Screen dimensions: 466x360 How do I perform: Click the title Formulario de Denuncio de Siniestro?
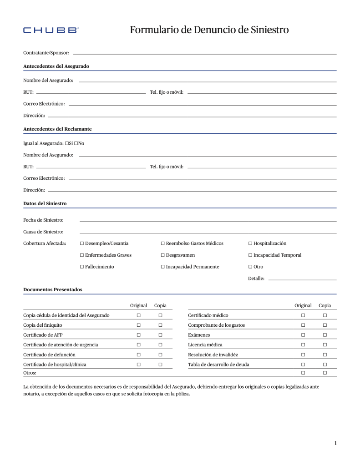tap(209, 30)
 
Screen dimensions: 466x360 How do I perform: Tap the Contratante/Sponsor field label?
tap(46, 53)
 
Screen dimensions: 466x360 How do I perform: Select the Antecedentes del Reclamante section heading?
tap(57, 129)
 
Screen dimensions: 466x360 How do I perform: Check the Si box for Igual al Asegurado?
tap(67, 143)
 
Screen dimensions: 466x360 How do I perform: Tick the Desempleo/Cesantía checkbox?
tap(81, 243)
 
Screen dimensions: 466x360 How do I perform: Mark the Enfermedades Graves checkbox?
tap(81, 255)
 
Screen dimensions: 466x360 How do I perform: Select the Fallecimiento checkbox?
tap(81, 267)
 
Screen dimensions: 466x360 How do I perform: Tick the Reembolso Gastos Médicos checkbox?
tap(162, 243)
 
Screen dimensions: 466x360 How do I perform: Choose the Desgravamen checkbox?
tap(162, 255)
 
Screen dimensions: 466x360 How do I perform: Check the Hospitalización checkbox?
tap(250, 243)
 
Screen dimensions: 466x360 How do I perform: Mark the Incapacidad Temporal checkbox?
tap(250, 255)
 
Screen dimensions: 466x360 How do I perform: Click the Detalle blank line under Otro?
tap(302, 279)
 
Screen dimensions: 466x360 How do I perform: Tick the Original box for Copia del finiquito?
tap(138, 325)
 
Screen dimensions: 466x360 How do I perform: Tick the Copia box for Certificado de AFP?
tap(160, 335)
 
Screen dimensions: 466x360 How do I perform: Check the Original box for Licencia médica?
tap(303, 345)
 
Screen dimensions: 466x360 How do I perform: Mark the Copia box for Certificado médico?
tap(325, 315)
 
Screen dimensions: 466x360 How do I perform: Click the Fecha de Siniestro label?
tap(43, 220)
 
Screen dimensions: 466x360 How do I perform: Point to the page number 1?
tap(335, 443)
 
